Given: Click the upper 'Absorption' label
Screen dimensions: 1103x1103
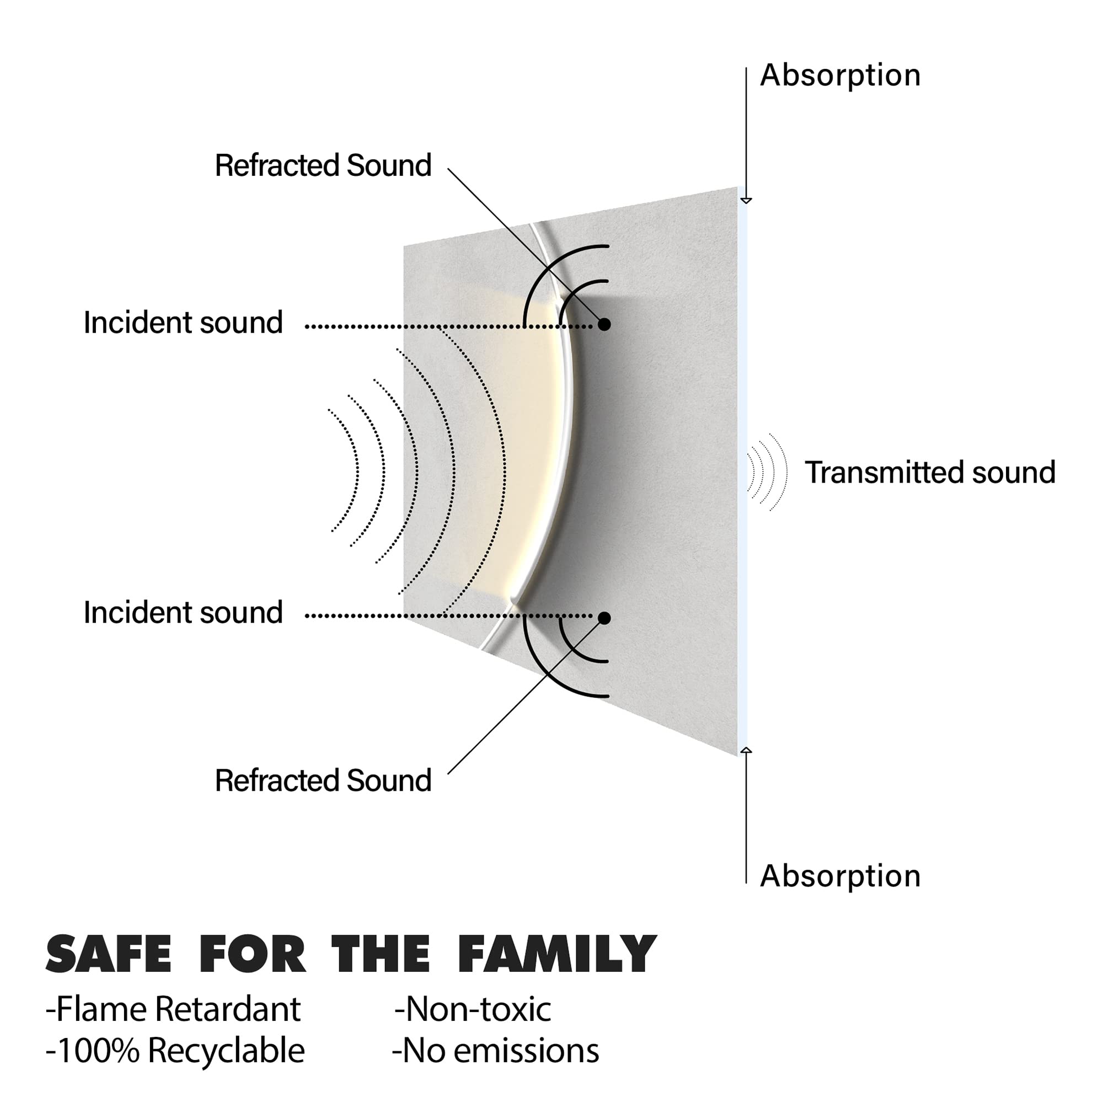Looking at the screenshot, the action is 840,76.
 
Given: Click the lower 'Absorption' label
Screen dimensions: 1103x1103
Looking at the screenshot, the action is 840,876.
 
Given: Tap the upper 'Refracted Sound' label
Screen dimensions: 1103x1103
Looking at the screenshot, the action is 323,165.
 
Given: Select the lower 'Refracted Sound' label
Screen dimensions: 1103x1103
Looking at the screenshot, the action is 323,780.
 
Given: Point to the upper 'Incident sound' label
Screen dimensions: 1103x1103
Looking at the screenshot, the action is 183,323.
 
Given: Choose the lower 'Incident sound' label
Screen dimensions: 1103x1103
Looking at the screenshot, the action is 183,613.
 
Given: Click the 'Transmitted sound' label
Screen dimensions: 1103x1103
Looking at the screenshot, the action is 930,473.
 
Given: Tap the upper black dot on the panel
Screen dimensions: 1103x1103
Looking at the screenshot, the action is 604,324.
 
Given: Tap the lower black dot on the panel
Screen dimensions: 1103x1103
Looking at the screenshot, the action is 604,618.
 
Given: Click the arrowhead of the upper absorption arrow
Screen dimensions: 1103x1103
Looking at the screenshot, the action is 746,200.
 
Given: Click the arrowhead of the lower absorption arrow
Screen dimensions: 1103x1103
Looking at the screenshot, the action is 746,750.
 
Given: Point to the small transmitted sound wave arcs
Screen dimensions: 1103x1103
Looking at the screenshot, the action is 767,472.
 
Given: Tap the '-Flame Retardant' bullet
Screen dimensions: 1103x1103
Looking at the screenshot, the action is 173,1009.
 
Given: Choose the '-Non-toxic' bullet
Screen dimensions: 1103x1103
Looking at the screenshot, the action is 473,1009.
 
